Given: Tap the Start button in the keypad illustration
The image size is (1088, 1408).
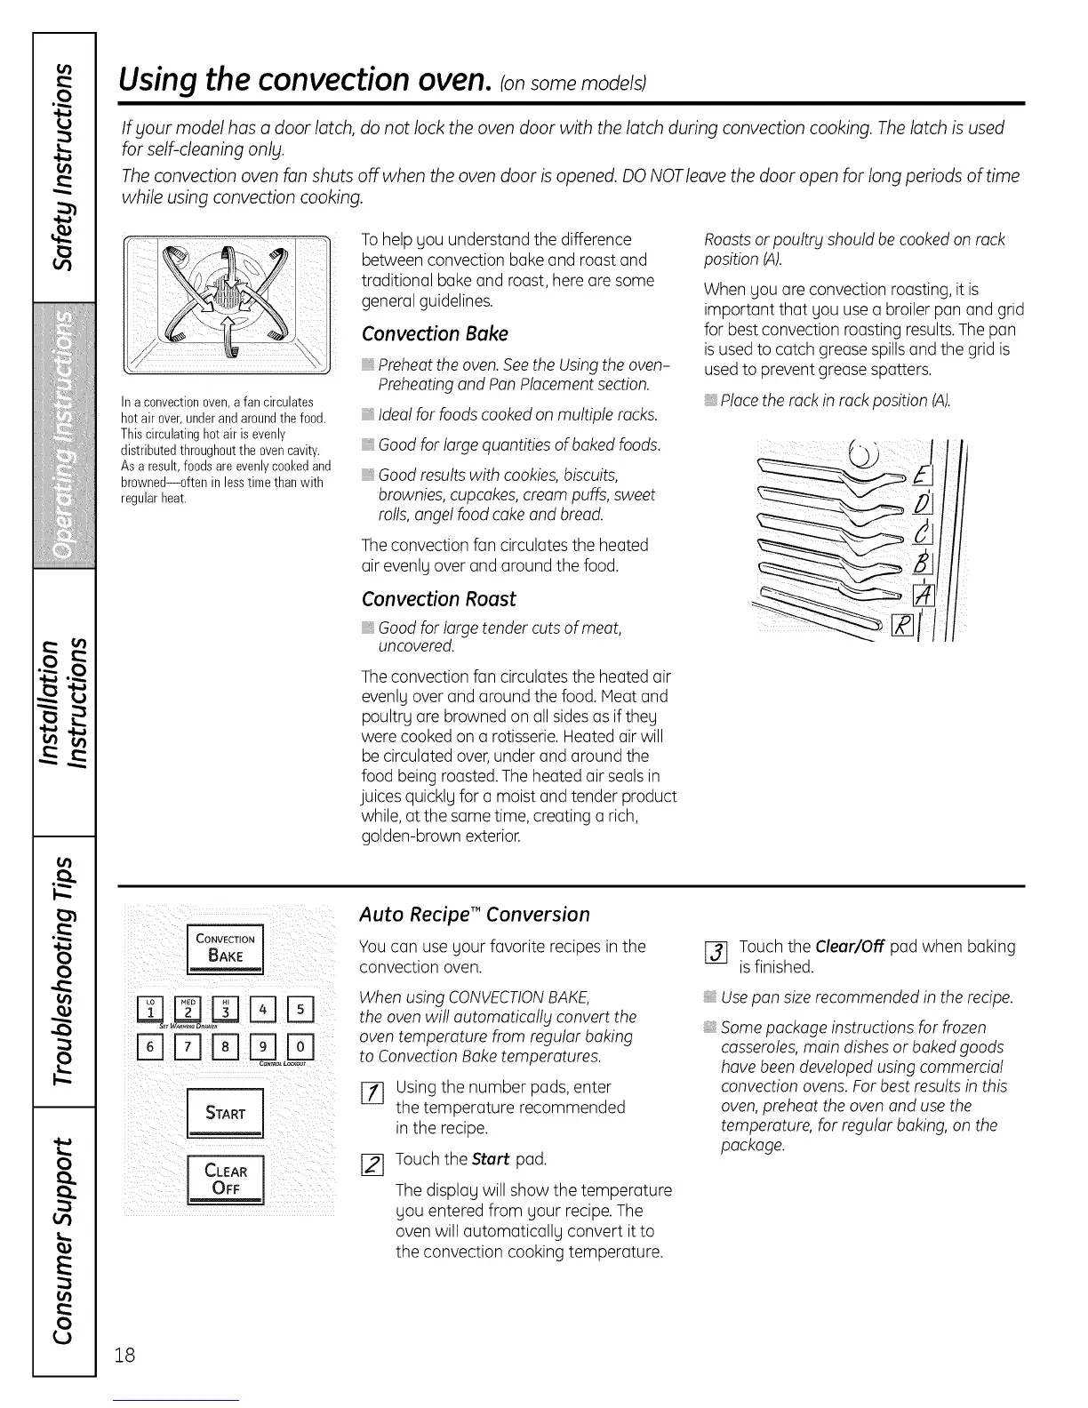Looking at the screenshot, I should click(x=225, y=1113).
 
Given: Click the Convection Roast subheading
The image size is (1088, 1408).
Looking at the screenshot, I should click(x=439, y=599).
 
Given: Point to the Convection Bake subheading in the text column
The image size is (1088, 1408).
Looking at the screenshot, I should click(x=435, y=334).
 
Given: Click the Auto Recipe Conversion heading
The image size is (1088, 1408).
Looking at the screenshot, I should click(x=474, y=915).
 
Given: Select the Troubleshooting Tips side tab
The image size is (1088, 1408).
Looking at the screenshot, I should click(x=63, y=971).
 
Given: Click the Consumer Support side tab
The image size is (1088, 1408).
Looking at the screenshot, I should click(x=63, y=1237).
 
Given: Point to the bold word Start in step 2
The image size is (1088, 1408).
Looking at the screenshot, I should click(x=489, y=1159).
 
